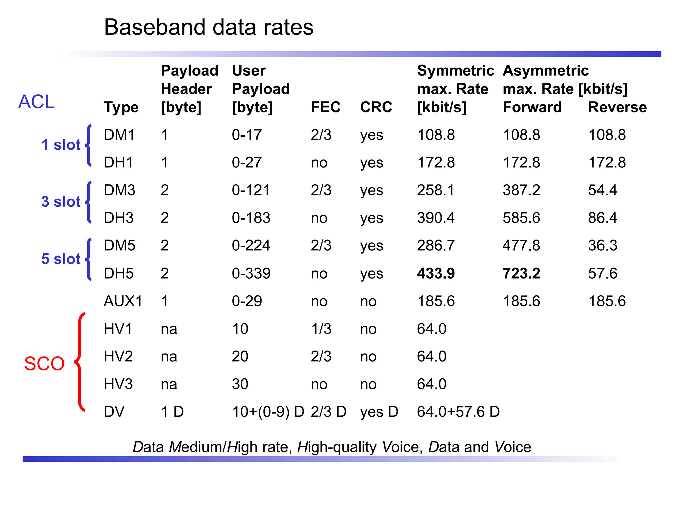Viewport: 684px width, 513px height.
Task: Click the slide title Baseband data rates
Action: [x=208, y=27]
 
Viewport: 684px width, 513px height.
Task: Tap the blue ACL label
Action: [x=36, y=102]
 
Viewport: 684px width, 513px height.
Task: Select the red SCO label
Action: [x=44, y=363]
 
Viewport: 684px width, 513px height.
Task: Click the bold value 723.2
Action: [x=521, y=273]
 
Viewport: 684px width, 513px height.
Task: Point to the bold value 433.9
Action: [x=436, y=273]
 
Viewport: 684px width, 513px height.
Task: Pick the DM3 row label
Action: [x=119, y=190]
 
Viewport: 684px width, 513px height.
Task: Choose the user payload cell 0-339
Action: [x=251, y=273]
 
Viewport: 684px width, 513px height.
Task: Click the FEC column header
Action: [x=325, y=107]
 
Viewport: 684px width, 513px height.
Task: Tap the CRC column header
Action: [x=376, y=107]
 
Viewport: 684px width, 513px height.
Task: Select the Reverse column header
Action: [x=617, y=107]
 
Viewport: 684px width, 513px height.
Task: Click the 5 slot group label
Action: [x=61, y=259]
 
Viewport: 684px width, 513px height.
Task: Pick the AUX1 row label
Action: [x=123, y=301]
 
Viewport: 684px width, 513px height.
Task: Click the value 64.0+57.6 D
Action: [x=458, y=412]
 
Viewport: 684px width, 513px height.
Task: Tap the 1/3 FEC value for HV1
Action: [x=321, y=329]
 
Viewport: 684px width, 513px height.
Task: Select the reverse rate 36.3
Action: [x=603, y=245]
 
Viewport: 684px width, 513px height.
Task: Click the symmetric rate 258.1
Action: [x=436, y=190]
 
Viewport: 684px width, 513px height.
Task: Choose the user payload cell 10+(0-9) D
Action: [x=268, y=412]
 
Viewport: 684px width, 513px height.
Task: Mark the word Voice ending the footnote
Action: [x=513, y=447]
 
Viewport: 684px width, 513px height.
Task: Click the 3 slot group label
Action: [x=61, y=202]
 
